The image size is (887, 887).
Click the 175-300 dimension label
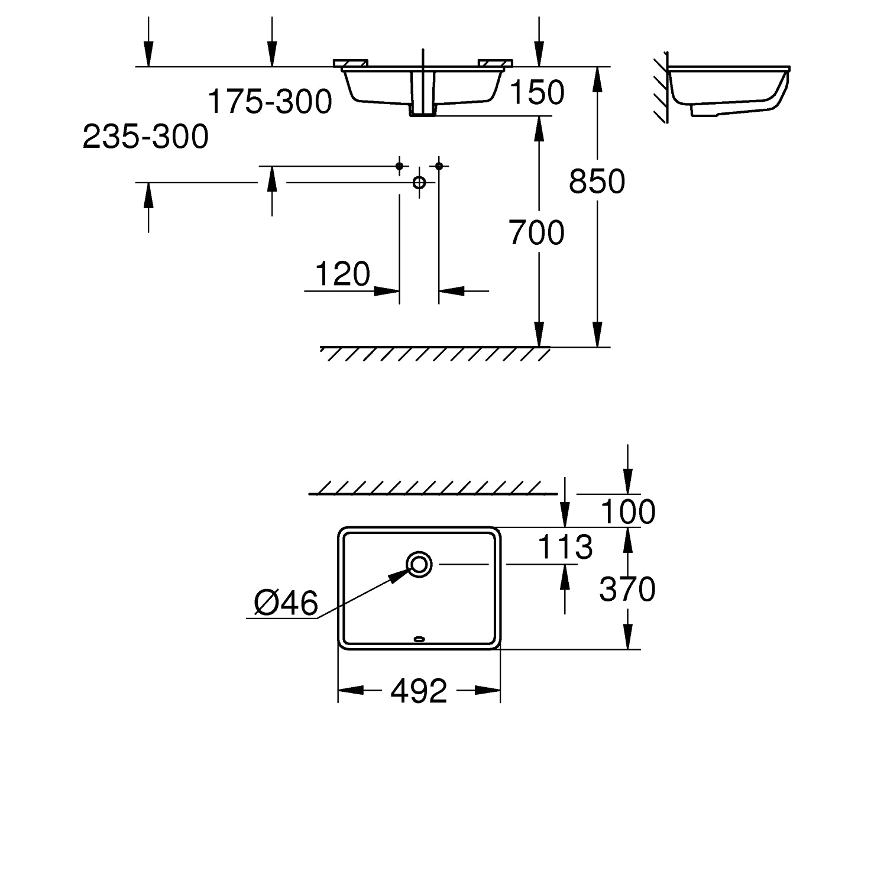click(x=270, y=102)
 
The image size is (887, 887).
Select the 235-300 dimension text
click(x=145, y=137)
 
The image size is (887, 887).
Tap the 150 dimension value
click(x=537, y=92)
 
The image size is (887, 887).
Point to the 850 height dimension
click(x=597, y=181)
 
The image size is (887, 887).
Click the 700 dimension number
click(x=537, y=232)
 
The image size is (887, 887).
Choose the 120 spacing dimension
click(x=343, y=274)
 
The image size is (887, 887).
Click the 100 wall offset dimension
click(x=628, y=512)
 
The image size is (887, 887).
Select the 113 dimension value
click(x=565, y=547)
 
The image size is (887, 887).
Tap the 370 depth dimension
click(x=627, y=589)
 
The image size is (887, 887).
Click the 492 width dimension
click(x=419, y=691)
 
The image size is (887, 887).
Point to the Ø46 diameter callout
click(x=286, y=603)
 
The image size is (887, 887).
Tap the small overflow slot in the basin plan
click(x=419, y=638)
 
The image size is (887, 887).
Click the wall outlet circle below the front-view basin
click(x=419, y=182)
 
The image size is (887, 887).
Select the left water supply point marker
click(x=400, y=166)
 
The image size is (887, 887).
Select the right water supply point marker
click(x=439, y=166)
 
